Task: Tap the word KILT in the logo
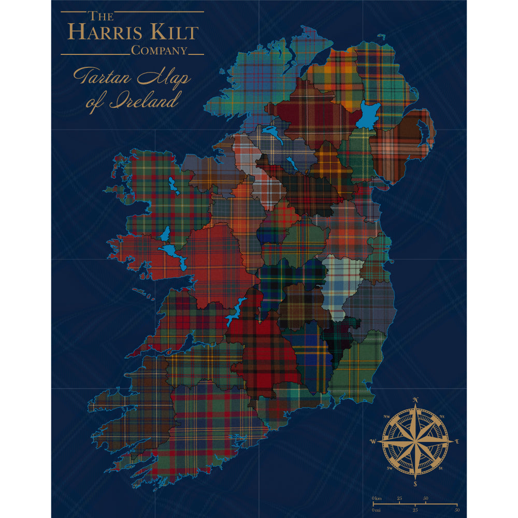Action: pos(171,32)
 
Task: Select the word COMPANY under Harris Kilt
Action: pos(159,51)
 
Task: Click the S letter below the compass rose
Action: pos(415,484)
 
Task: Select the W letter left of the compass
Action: pos(373,441)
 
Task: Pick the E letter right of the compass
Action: pos(457,441)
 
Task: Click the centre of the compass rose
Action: pos(415,441)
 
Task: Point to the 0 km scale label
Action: pos(377,498)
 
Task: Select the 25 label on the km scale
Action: pos(399,498)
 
